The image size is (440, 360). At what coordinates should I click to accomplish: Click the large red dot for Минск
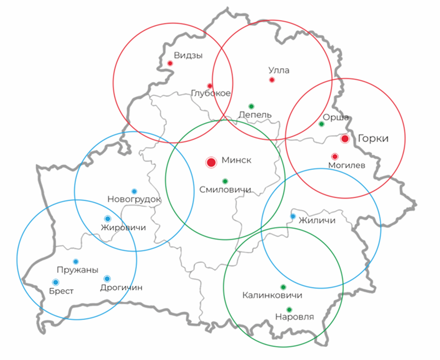click(x=211, y=162)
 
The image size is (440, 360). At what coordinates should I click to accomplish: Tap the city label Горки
click(x=373, y=139)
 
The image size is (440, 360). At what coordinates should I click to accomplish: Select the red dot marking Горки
click(x=345, y=139)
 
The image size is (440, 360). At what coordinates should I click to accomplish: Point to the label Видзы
click(x=188, y=56)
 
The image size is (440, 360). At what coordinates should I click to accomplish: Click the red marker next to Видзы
click(x=170, y=63)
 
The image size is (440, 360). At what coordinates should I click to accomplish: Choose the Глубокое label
click(x=211, y=94)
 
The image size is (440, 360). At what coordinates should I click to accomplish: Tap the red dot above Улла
click(x=272, y=80)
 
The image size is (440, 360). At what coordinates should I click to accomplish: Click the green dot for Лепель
click(x=251, y=106)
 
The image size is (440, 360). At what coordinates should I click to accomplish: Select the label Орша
click(x=339, y=117)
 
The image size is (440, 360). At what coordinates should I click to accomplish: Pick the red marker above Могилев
click(x=334, y=156)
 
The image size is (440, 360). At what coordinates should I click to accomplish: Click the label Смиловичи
click(x=225, y=191)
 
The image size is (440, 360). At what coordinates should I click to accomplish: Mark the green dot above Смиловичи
click(x=225, y=181)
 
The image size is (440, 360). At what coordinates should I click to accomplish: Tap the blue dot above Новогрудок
click(x=134, y=191)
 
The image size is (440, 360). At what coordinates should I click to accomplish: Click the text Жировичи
click(x=123, y=228)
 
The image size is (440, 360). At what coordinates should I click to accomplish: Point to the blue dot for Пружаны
click(x=76, y=261)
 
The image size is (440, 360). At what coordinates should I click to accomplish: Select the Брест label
click(x=62, y=291)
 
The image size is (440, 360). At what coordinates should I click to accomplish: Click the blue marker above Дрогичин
click(x=107, y=279)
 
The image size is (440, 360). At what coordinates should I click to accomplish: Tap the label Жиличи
click(x=317, y=220)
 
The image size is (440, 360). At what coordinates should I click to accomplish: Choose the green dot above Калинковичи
click(x=283, y=287)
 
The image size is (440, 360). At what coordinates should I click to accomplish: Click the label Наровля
click(x=294, y=318)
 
